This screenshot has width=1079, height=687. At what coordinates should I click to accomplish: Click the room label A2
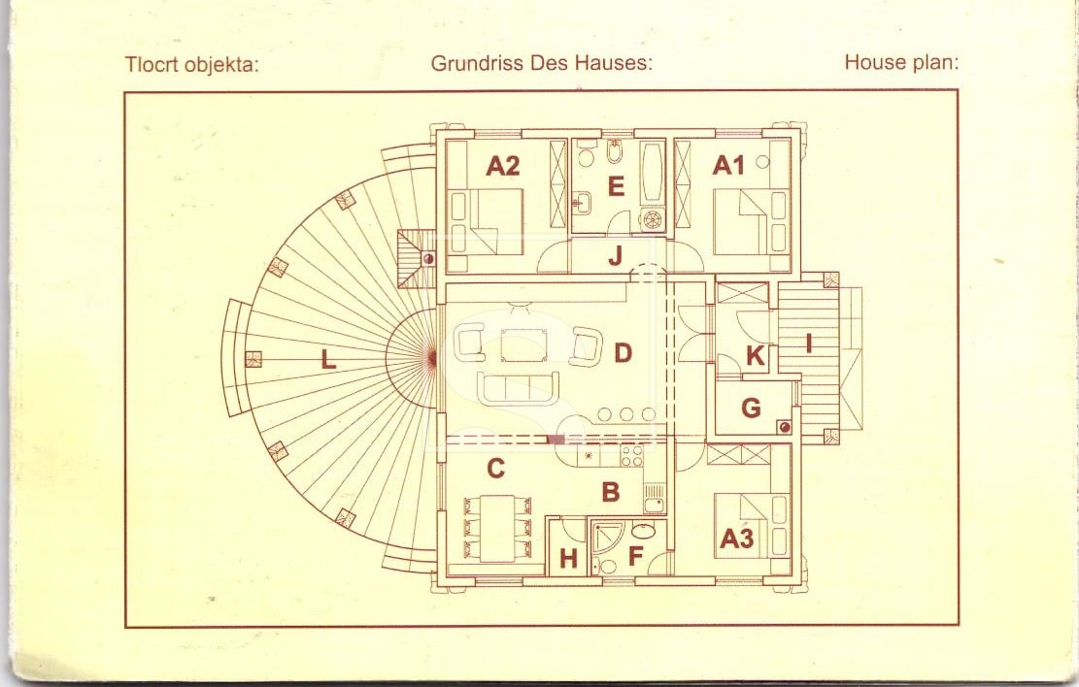[502, 166]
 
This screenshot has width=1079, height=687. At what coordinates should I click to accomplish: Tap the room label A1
[728, 165]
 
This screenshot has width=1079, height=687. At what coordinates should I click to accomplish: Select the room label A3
[736, 539]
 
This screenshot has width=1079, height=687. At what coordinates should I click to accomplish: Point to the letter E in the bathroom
[616, 186]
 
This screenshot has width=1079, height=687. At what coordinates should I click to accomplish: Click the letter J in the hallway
[615, 255]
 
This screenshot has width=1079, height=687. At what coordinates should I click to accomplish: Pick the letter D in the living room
[623, 353]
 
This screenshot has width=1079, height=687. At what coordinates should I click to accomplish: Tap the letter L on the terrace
[328, 358]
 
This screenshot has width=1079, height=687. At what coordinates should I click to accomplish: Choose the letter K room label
[755, 356]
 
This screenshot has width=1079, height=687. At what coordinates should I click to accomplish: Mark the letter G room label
[751, 408]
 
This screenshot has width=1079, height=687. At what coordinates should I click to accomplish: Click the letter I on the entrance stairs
[809, 343]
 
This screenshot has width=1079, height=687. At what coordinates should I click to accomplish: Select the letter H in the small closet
[568, 559]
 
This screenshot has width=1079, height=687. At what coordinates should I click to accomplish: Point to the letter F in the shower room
[635, 556]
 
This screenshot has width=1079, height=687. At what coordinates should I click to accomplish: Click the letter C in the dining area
[495, 469]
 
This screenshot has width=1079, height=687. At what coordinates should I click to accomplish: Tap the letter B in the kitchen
[610, 492]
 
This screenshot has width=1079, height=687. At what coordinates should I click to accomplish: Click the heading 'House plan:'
[901, 62]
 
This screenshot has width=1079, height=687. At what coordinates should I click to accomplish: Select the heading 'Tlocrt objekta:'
[192, 65]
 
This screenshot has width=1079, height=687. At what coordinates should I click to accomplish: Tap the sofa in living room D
[519, 389]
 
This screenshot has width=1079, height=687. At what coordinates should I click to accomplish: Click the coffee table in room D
[523, 344]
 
